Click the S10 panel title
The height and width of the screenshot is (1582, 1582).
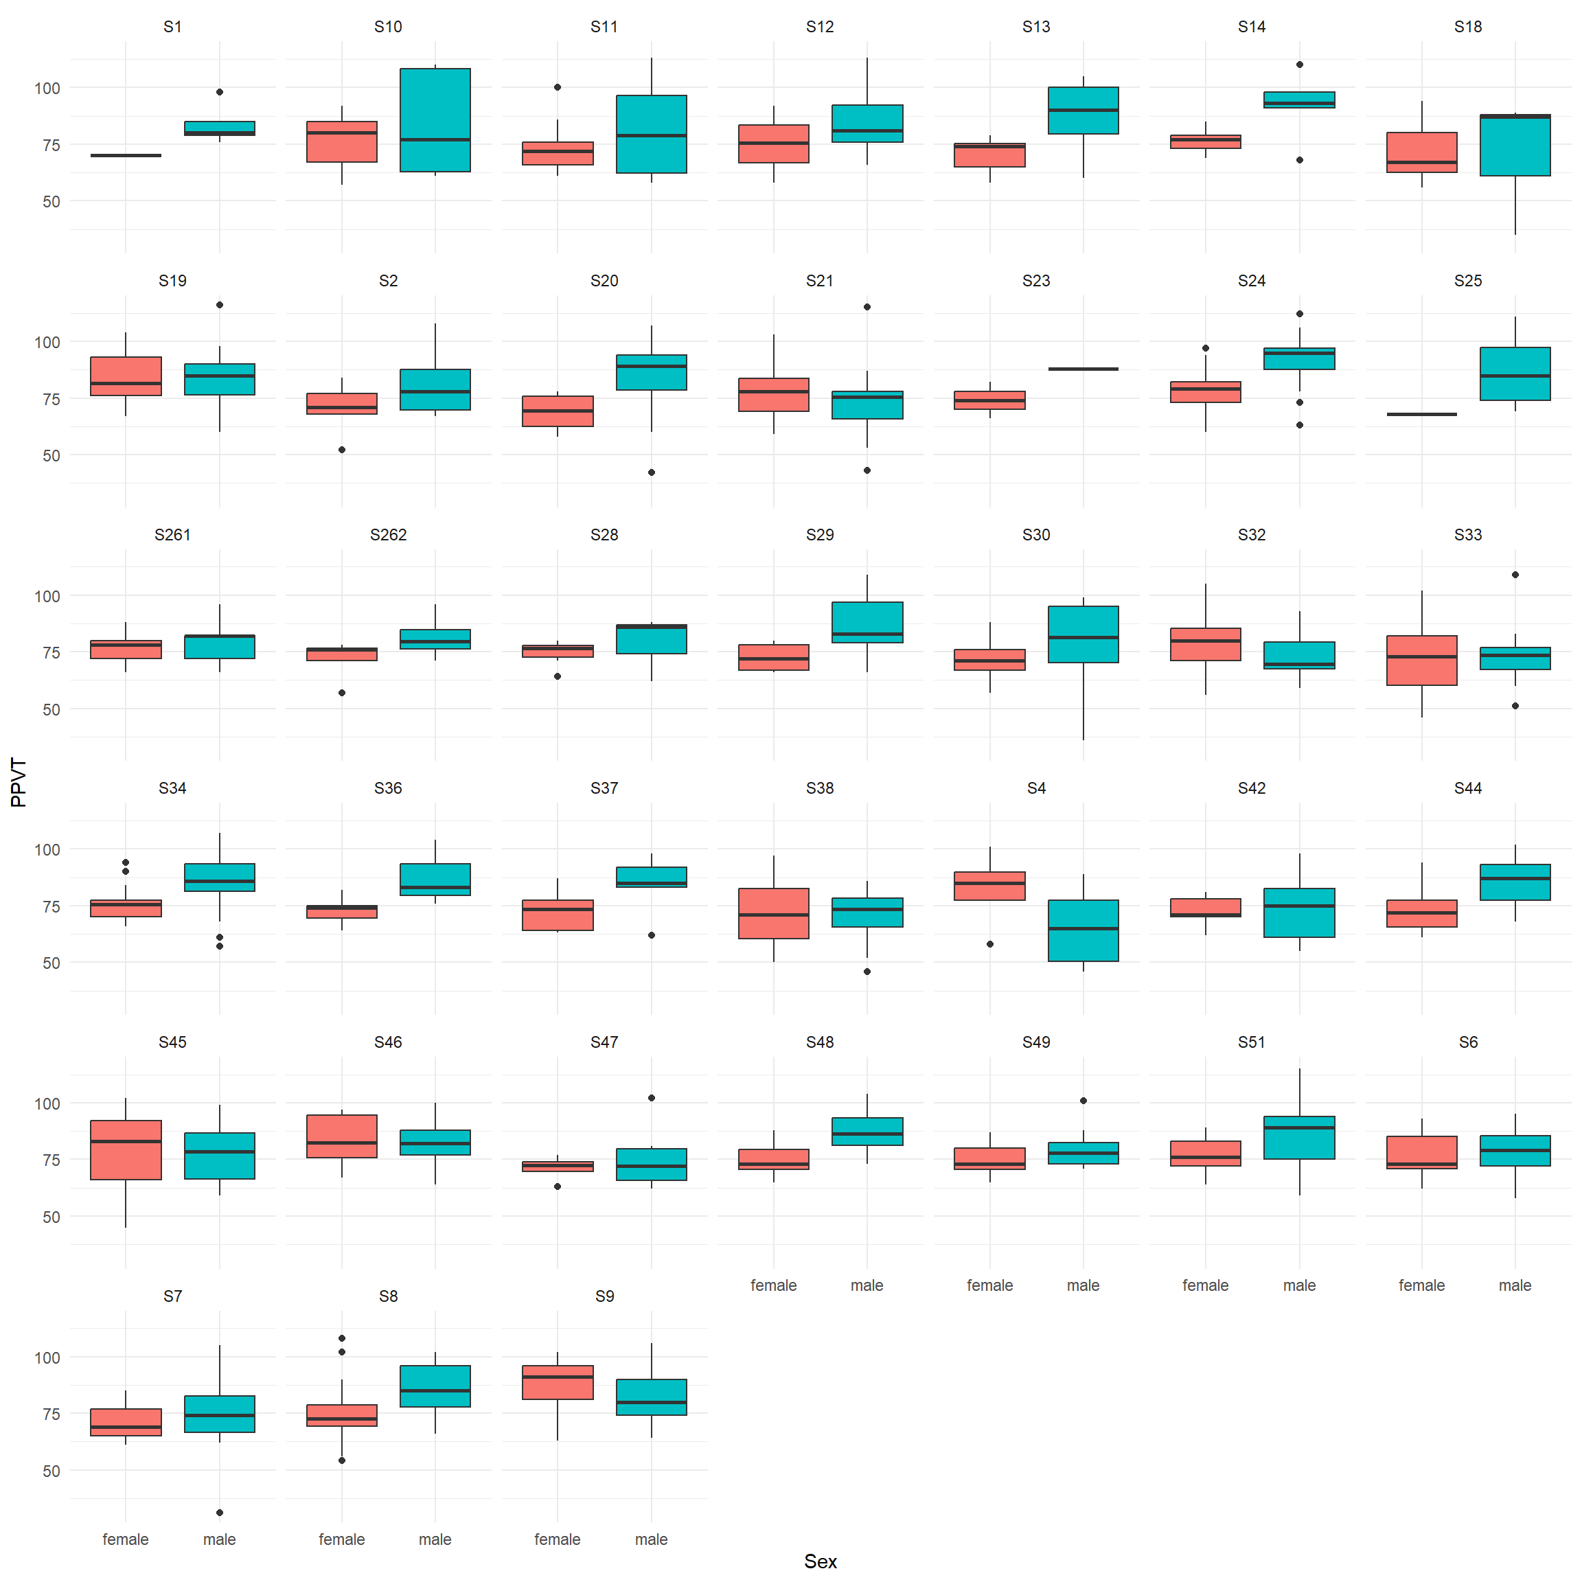(x=388, y=27)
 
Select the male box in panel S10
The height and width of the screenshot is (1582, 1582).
(x=435, y=119)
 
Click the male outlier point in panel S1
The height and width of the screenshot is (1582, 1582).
(x=220, y=92)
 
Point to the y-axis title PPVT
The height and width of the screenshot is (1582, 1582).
(x=19, y=783)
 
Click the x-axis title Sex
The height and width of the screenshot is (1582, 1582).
(x=820, y=1561)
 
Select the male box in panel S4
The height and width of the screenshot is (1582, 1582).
(x=1084, y=930)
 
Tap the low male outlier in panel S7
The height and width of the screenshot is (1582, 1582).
(x=220, y=1513)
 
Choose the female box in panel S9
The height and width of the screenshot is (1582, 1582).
(x=558, y=1382)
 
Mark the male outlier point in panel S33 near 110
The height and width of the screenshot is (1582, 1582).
(x=1515, y=575)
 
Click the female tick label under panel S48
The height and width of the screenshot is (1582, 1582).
(x=773, y=1285)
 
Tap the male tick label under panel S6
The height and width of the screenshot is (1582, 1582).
(x=1515, y=1285)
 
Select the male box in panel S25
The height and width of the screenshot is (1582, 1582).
(x=1515, y=374)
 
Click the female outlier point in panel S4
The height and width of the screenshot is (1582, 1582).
(x=990, y=944)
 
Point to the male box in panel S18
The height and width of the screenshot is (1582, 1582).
(x=1515, y=145)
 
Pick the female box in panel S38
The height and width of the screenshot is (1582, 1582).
(x=773, y=913)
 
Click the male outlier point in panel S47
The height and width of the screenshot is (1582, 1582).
(x=652, y=1098)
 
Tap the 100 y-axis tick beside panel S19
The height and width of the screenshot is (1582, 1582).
(x=47, y=342)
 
